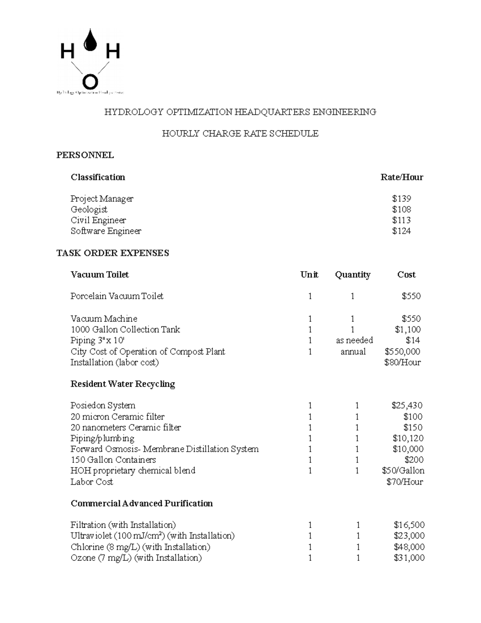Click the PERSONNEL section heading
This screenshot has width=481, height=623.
[85, 155]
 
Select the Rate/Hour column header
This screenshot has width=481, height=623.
[401, 177]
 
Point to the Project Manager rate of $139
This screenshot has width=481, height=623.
[401, 199]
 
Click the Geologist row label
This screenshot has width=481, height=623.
[89, 209]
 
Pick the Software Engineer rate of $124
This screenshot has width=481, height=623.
[401, 231]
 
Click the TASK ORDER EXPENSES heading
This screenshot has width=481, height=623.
[113, 253]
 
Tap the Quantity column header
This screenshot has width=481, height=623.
[352, 275]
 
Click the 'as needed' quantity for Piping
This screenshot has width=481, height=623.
[354, 340]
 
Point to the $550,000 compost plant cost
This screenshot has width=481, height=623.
[402, 352]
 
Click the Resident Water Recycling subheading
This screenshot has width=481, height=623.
[123, 384]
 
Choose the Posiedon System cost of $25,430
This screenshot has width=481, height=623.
[407, 406]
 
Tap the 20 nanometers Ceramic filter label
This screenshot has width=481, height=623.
[125, 428]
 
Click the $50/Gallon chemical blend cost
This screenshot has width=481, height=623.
[403, 471]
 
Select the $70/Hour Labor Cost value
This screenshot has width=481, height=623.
[404, 482]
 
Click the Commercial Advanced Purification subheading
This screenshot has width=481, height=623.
[141, 503]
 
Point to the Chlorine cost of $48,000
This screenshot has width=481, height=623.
[409, 547]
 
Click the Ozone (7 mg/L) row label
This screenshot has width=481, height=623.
[136, 558]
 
